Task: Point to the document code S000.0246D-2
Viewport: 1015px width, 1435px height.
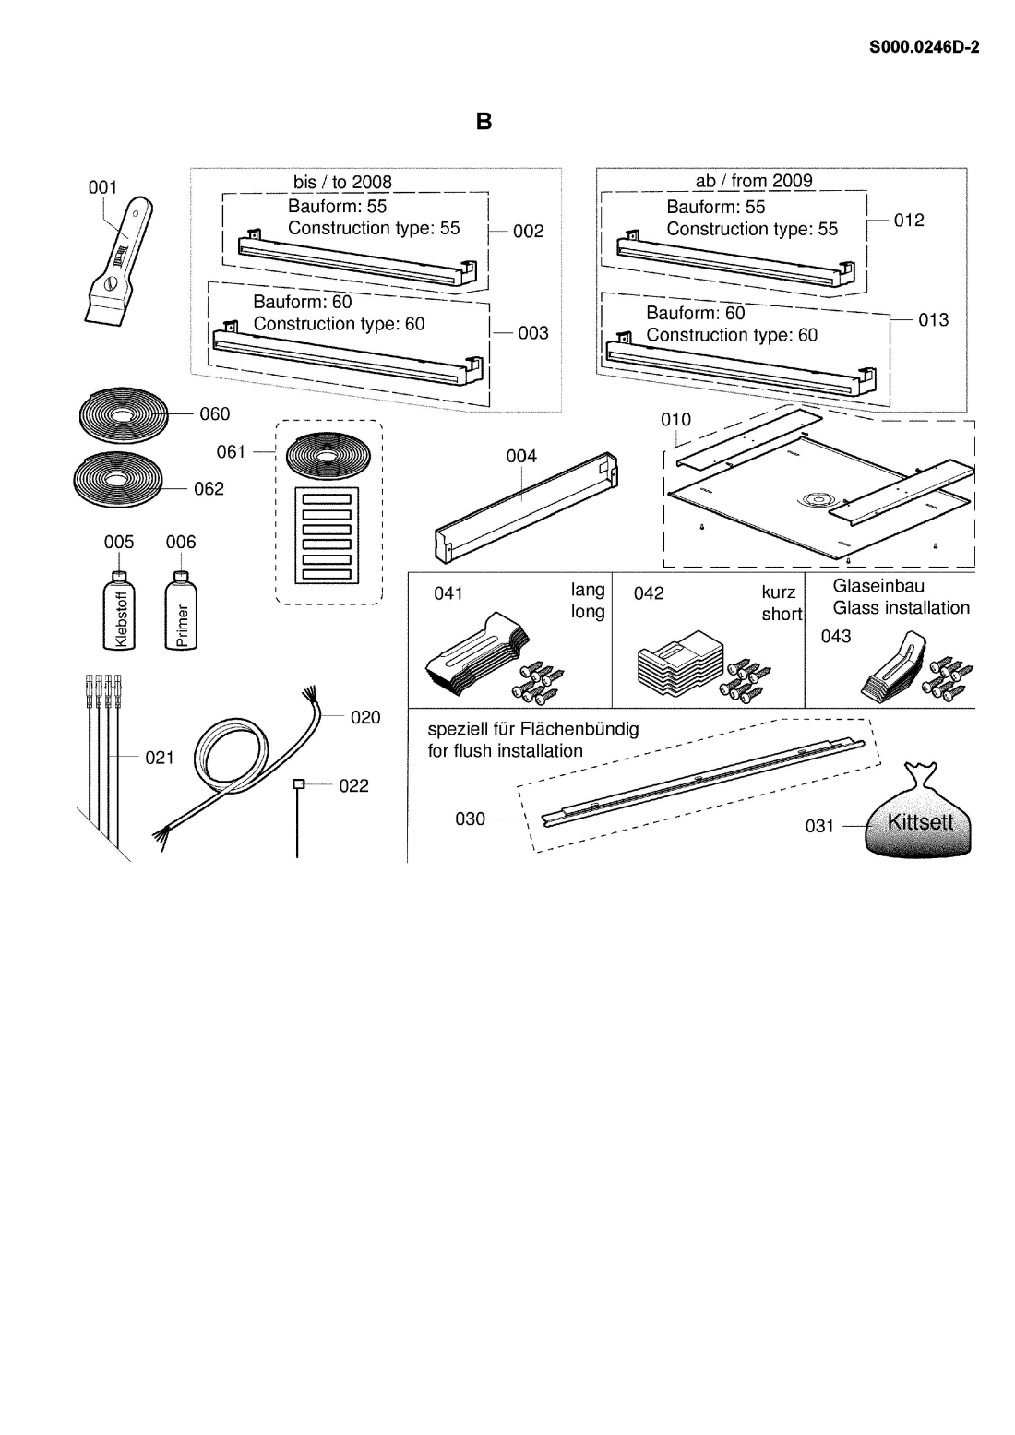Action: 923,46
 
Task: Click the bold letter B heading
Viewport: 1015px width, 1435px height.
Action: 484,122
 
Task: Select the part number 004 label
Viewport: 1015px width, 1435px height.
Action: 521,456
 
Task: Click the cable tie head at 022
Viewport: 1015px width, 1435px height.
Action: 297,784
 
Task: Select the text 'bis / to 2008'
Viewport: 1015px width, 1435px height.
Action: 342,183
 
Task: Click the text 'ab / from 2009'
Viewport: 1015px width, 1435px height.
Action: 753,181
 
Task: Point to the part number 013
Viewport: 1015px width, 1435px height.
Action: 934,320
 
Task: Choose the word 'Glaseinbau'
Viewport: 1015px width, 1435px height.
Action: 878,586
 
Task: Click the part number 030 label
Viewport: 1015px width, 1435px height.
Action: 470,819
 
